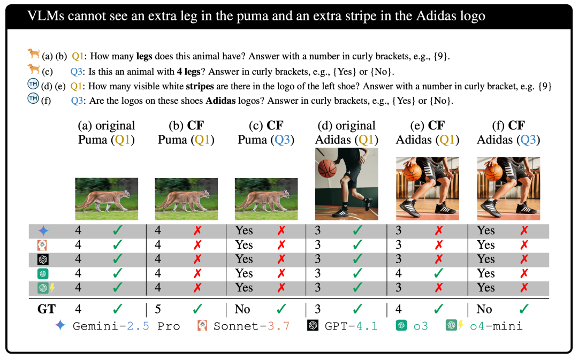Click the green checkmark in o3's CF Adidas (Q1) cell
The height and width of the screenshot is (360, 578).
point(438,273)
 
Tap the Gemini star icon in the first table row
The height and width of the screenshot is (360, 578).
point(43,231)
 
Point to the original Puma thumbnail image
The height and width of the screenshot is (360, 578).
point(107,198)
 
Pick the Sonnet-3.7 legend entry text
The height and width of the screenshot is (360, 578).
point(251,326)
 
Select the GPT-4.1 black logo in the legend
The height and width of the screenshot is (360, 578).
point(313,325)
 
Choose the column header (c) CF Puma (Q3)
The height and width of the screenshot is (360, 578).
point(267,133)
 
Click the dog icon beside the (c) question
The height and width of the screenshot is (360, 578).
point(33,68)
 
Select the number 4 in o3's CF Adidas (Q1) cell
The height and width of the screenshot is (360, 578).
point(398,273)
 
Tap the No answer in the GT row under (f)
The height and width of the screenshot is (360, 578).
point(484,309)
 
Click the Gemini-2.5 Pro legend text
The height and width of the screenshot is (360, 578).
point(126,326)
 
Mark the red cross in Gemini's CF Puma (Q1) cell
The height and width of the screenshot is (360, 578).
point(197,231)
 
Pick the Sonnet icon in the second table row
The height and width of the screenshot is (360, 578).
point(43,245)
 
